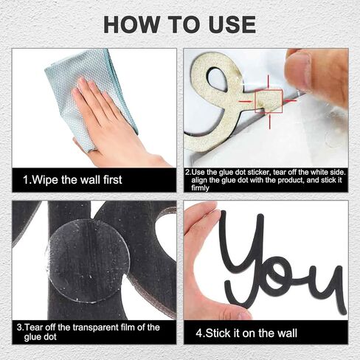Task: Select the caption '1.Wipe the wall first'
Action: click(72, 180)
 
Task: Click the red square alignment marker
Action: click(269, 101)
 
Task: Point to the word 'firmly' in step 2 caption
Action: click(200, 188)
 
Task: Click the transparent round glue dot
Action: click(89, 261)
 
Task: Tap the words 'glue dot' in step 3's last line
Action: click(41, 336)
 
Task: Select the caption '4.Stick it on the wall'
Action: click(246, 333)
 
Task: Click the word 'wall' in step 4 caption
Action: click(287, 333)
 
